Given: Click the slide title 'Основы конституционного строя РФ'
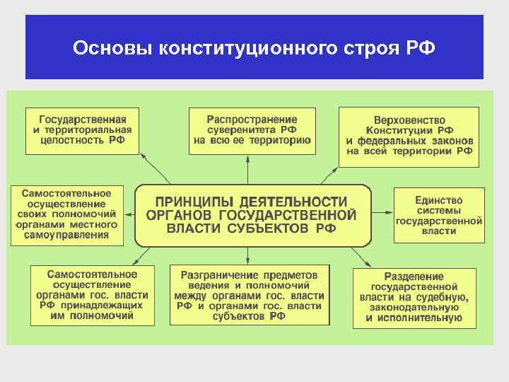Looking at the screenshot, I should coord(255,49).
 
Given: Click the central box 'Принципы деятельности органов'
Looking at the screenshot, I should coord(252,215).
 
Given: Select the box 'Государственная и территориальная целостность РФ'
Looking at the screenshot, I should coord(82,131).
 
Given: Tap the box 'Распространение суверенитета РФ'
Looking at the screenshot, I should coord(252,131).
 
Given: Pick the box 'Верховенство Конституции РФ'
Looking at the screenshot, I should coord(409,136).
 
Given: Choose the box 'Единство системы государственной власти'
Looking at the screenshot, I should coord(438,216).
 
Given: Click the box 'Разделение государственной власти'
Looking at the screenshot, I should coord(414,297).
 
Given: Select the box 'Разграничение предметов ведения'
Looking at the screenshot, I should coord(249,295).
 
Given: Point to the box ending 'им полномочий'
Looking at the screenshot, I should coord(92,294).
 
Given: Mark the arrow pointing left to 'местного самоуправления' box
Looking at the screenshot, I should coord(129,215).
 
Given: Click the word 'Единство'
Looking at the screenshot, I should coord(438,200).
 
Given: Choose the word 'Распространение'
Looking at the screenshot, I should coord(252,119).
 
